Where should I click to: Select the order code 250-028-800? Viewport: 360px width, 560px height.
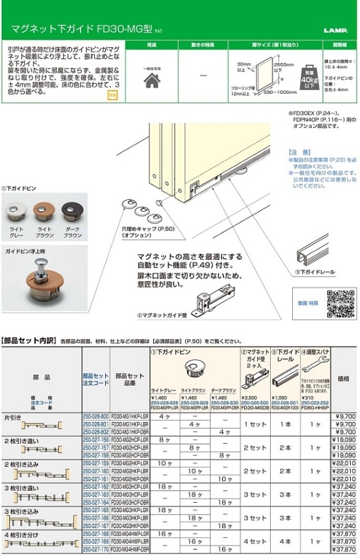coord(95,417)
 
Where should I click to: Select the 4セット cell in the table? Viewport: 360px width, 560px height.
coord(255,542)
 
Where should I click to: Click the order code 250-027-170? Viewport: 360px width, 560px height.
coord(95,549)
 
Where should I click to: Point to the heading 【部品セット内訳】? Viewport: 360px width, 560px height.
coord(29,340)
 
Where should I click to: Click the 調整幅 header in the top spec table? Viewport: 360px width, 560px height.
coord(340,45)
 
